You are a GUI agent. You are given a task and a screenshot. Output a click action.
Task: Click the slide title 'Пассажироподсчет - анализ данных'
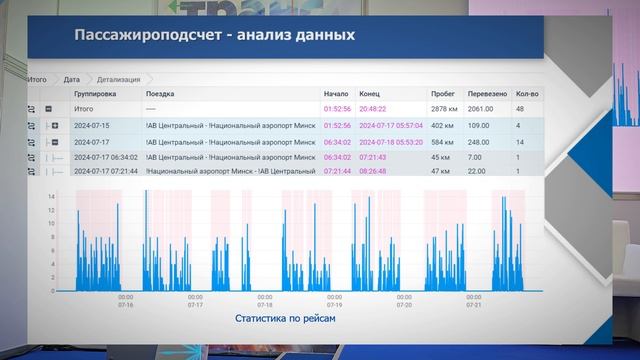(x=213, y=36)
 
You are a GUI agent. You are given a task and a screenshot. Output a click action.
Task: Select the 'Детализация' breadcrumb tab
(x=119, y=77)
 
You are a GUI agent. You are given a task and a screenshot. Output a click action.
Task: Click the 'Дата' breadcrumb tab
(x=71, y=77)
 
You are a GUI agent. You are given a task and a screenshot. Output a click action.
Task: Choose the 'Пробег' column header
(x=443, y=93)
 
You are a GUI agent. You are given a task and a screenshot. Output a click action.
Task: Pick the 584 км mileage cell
(x=442, y=143)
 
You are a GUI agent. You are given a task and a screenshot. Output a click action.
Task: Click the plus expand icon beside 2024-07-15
(x=55, y=126)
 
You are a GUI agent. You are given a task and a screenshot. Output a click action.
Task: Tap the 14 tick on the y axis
(x=53, y=209)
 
